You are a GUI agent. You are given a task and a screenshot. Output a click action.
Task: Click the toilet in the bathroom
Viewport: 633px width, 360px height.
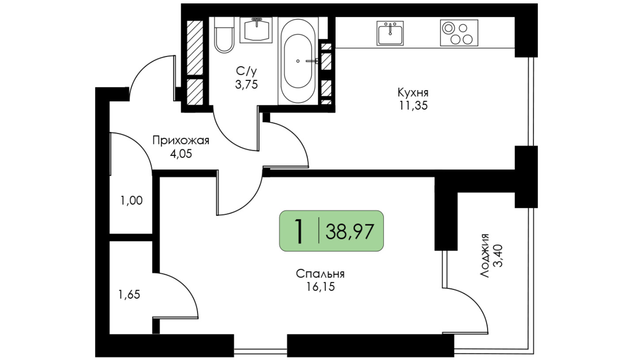pos(224,35)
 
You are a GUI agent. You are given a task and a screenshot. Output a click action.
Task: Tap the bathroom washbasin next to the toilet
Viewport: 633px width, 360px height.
pos(256,30)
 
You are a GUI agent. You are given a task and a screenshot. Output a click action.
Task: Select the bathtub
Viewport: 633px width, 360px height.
pos(298,61)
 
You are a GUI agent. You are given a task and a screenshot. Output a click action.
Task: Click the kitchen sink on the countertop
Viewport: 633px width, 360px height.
pos(390,33)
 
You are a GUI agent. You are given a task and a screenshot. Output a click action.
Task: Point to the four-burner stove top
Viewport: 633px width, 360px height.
pos(459,33)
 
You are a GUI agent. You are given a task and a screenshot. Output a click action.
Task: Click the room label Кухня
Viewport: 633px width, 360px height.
pos(413,93)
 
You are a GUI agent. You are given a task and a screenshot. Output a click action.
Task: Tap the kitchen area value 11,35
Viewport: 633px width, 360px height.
pos(413,106)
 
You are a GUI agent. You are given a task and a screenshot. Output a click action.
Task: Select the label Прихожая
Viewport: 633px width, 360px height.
pos(181,140)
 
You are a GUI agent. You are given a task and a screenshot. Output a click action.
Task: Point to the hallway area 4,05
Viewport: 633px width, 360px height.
pos(181,154)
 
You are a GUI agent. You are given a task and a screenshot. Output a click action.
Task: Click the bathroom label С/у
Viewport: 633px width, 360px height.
pos(246,72)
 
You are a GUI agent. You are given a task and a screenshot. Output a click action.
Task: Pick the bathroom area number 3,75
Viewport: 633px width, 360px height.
pos(246,84)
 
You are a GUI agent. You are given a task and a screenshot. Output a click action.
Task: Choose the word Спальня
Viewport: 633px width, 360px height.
pos(320,274)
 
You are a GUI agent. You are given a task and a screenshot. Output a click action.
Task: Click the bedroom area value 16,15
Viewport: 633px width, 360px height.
pos(320,287)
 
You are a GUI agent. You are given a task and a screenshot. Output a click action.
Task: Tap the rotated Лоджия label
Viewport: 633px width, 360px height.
pos(484,255)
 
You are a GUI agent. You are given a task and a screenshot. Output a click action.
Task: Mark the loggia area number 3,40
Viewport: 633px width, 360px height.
pos(498,256)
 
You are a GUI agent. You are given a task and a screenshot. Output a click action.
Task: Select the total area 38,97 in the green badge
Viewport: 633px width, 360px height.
pos(350,231)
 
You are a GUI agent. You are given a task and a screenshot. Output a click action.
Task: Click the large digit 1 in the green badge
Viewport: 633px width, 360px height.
pos(298,231)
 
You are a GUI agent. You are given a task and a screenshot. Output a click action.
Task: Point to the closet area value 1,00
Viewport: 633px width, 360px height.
pos(131,201)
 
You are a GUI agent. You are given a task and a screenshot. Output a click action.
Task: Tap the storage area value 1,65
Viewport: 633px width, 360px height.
pos(129,295)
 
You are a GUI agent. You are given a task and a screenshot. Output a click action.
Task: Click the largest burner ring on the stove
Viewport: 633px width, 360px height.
pos(448,28)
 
